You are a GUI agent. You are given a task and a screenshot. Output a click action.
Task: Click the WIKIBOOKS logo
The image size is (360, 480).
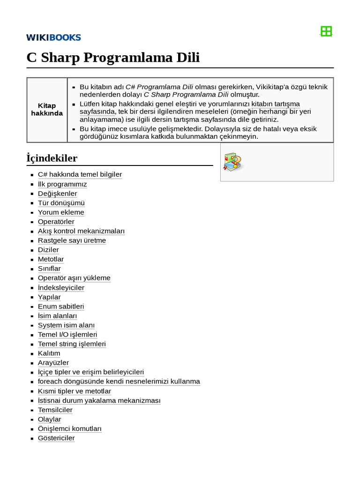(x=53, y=37)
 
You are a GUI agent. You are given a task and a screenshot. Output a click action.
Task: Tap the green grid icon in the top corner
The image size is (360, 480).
(x=326, y=31)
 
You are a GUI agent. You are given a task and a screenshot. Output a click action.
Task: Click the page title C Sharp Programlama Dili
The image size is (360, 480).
(x=113, y=58)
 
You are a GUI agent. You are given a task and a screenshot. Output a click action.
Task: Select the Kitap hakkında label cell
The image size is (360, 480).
(x=47, y=110)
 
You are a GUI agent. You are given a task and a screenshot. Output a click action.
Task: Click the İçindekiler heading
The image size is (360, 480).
(x=52, y=158)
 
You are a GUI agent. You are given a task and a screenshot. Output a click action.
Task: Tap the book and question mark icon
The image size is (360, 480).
(x=233, y=161)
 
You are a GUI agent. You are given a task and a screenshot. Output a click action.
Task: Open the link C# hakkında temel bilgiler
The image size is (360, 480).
(x=80, y=174)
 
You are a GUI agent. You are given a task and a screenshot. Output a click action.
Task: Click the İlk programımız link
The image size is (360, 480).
(x=62, y=184)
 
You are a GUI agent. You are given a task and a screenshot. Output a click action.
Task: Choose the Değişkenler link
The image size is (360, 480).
(x=57, y=194)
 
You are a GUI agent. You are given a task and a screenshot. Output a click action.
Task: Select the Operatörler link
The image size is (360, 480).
(x=56, y=222)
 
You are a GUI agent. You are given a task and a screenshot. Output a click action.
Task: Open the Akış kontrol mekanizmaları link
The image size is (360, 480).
(x=81, y=231)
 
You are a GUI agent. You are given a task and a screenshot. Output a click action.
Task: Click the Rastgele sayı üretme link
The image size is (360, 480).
(x=72, y=240)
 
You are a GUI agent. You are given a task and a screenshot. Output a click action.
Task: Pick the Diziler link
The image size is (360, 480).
(x=48, y=250)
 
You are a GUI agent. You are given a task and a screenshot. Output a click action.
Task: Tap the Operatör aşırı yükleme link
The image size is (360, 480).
(x=74, y=278)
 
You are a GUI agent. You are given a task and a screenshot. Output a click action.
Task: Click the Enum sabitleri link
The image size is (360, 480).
(x=61, y=306)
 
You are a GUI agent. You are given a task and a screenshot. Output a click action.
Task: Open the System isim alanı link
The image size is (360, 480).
(x=66, y=325)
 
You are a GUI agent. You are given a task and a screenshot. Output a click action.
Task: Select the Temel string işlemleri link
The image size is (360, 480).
(x=72, y=344)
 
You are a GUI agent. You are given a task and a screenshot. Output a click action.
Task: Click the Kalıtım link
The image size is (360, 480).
(x=49, y=353)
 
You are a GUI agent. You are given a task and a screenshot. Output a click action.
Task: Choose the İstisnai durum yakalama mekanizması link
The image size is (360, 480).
(x=99, y=401)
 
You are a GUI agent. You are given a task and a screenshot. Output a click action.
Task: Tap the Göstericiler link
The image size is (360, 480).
(x=56, y=438)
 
